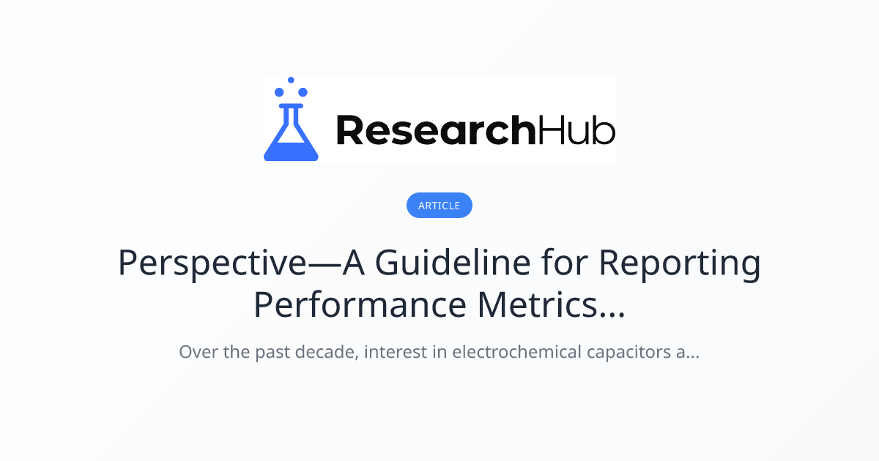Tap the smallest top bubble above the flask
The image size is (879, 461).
pyautogui.click(x=291, y=80)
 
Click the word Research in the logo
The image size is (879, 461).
pyautogui.click(x=436, y=130)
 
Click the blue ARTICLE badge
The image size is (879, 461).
pyautogui.click(x=439, y=205)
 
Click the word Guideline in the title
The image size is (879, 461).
pyautogui.click(x=453, y=262)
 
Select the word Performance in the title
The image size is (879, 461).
pyautogui.click(x=360, y=305)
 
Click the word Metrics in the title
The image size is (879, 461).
pyautogui.click(x=538, y=305)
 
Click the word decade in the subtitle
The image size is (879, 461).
pyautogui.click(x=327, y=351)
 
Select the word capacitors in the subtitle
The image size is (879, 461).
pyautogui.click(x=628, y=353)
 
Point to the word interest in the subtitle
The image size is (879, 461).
pyautogui.click(x=396, y=351)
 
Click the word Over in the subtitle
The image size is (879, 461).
pyautogui.click(x=199, y=352)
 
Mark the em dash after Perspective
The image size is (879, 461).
pyautogui.click(x=324, y=265)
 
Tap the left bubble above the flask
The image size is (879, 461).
pyautogui.click(x=279, y=92)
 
